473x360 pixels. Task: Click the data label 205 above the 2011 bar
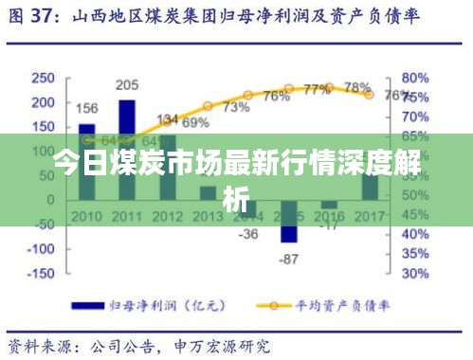coord(126,85)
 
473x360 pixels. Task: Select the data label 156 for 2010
coord(87,107)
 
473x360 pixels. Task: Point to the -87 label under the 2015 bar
coord(289,259)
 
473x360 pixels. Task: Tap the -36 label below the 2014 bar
coord(247,233)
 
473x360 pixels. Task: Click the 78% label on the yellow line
coord(357,87)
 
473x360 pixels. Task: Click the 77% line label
coord(317,90)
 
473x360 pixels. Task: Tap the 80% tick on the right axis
coord(416,77)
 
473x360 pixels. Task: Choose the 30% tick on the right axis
coord(416,273)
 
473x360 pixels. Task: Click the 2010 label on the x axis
coord(87,217)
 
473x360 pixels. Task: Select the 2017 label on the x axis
coord(370,217)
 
